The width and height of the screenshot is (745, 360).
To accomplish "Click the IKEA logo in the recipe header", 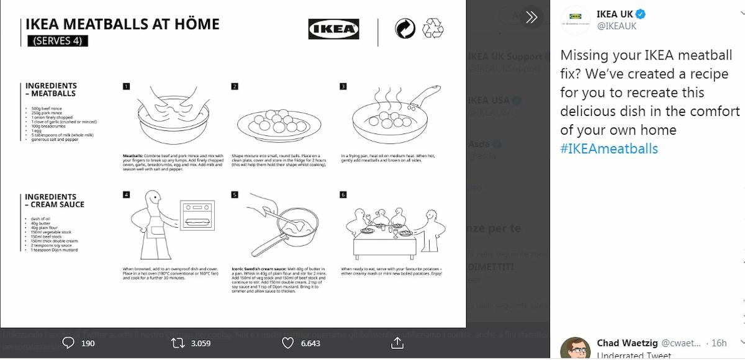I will coord(333,29).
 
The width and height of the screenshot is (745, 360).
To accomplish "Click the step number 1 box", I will coord(126,86).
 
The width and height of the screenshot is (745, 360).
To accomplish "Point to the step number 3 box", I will coord(343,86).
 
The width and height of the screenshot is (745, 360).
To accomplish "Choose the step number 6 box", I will coord(343,194).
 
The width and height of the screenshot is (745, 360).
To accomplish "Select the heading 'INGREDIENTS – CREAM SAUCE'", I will coord(55,200).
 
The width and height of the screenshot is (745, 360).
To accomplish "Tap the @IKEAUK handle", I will coord(616,26).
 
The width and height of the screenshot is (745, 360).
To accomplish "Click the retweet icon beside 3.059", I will coord(177,343).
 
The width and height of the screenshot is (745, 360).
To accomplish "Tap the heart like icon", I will coord(287,343).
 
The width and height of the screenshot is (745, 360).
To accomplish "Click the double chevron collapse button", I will coord(531,17).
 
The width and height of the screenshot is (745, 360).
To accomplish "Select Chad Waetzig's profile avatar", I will coord(574,348).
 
